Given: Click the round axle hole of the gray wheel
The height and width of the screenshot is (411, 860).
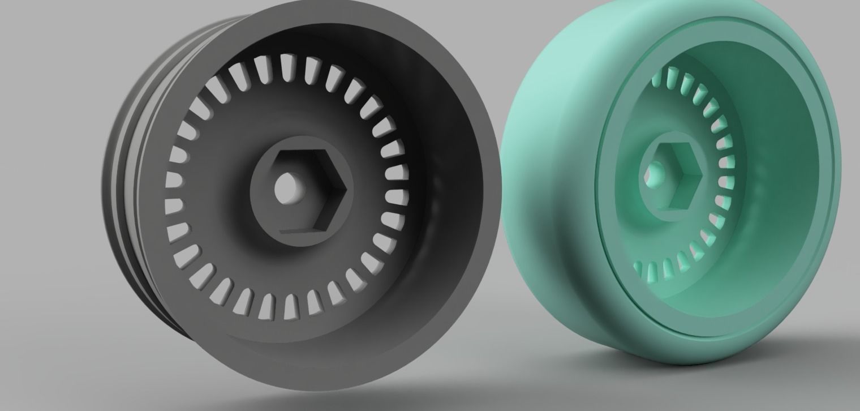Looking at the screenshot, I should pyautogui.click(x=287, y=189).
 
